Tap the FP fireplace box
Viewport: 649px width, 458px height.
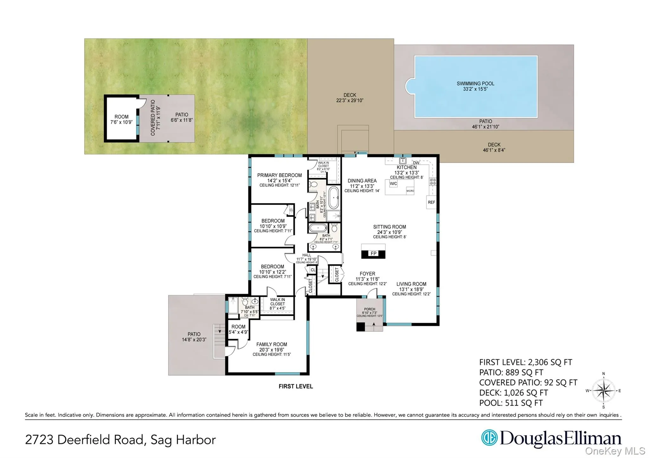coord(373,253)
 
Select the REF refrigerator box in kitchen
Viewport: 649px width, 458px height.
coord(431,202)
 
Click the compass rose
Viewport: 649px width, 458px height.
coord(603,391)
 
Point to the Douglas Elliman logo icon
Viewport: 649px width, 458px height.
coord(489,438)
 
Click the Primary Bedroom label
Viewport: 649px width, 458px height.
coord(279,175)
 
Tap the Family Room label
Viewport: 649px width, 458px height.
coord(272,344)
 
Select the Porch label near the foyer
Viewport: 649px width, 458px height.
coord(369,309)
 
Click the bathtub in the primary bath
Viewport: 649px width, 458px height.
coord(333,197)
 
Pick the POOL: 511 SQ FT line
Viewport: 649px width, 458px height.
coord(511,403)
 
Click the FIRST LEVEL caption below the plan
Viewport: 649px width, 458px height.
coord(296,386)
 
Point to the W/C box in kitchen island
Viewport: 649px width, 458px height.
coord(393,184)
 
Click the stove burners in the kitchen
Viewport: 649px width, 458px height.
coord(433,181)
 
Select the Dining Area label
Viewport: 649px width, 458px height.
coord(362,181)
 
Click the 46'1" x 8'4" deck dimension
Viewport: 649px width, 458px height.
coord(494,150)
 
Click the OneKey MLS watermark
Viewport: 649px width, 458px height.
coord(615,451)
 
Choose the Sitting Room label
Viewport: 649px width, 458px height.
coord(389,227)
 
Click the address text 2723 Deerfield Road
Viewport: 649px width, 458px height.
coord(86,440)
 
